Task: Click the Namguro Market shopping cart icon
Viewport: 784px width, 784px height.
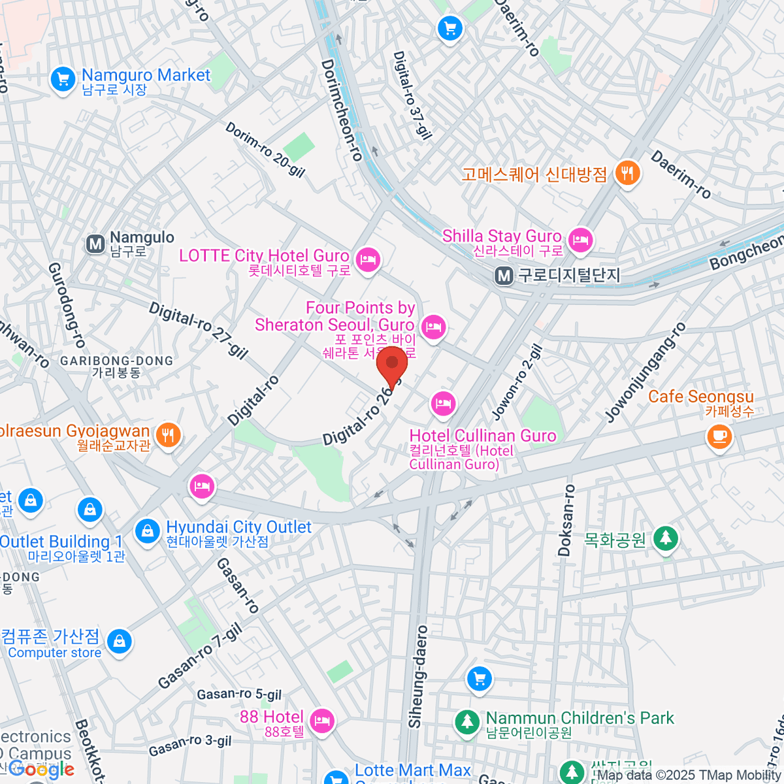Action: pos(63,80)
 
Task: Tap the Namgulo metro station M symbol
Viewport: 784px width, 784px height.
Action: pos(95,244)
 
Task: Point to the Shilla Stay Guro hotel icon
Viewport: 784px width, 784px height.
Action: pos(580,240)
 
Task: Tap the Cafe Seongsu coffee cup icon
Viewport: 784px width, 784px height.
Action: pos(719,435)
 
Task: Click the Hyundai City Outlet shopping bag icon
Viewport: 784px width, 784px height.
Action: pos(148,531)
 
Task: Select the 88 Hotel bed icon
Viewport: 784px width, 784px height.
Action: pos(321,721)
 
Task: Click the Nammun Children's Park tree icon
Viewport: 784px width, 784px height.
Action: pos(467,723)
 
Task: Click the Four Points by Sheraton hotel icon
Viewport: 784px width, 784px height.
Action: pos(434,327)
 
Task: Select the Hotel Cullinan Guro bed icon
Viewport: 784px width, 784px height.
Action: pos(443,403)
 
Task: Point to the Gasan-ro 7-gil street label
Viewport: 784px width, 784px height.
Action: pos(200,657)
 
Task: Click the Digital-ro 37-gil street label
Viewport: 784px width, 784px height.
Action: pos(412,95)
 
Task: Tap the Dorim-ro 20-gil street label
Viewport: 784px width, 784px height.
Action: pos(265,150)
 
